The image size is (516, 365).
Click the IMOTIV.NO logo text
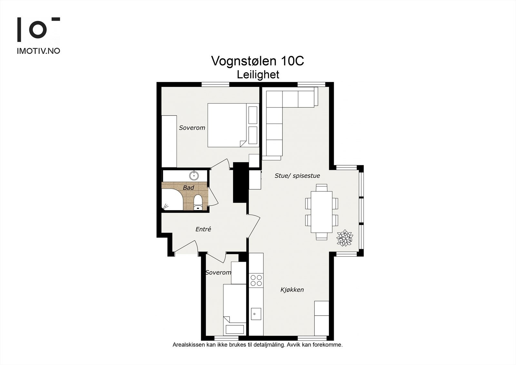(38, 51)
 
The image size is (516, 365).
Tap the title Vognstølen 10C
(258, 61)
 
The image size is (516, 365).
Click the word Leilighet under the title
(258, 75)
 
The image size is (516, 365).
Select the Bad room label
(188, 188)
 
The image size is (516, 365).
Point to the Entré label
(203, 229)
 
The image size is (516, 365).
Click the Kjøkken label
(292, 290)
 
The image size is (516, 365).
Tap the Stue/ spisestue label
(297, 176)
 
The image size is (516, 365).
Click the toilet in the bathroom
(198, 202)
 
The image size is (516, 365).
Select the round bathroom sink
(194, 176)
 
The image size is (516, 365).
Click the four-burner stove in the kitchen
(256, 280)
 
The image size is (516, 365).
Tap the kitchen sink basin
(256, 314)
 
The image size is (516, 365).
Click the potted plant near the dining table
(345, 238)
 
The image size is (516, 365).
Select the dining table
(321, 212)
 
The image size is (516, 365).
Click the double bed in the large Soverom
(233, 125)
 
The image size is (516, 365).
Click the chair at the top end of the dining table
(322, 188)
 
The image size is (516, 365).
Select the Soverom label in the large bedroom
(192, 128)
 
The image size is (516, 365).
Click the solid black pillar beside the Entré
(241, 183)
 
